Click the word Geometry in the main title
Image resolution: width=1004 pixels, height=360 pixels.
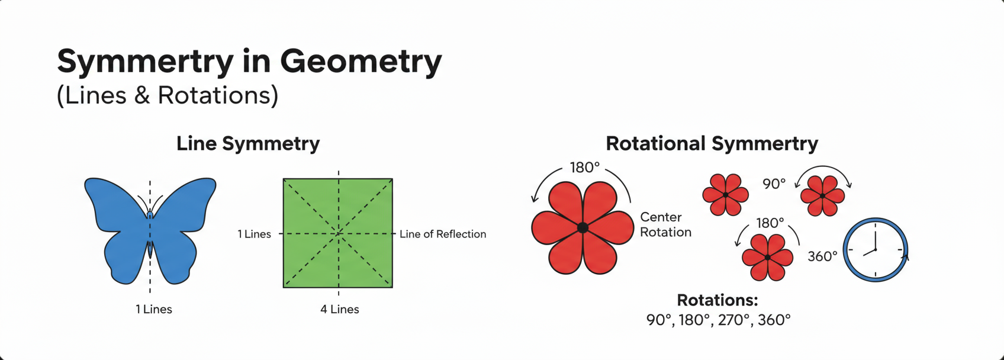pyautogui.click(x=361, y=62)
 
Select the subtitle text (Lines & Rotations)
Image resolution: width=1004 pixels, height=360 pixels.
pyautogui.click(x=167, y=95)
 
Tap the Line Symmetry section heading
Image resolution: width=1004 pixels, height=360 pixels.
pyautogui.click(x=247, y=143)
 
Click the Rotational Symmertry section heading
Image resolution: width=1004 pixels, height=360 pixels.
pyautogui.click(x=712, y=143)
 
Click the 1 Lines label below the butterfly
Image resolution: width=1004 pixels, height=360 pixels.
pyautogui.click(x=154, y=309)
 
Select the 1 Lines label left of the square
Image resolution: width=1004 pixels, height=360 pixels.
pyautogui.click(x=254, y=234)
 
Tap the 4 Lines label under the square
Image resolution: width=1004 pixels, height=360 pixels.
pyautogui.click(x=339, y=309)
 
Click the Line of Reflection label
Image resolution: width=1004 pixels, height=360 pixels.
pyautogui.click(x=443, y=234)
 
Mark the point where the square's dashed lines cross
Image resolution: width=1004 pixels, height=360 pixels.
pyautogui.click(x=338, y=233)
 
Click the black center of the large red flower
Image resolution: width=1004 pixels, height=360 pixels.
pyautogui.click(x=583, y=227)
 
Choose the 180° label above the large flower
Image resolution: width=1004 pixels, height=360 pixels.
pyautogui.click(x=584, y=168)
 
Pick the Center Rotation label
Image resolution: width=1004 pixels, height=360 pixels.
pyautogui.click(x=665, y=224)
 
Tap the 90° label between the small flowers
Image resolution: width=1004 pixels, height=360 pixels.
pyautogui.click(x=774, y=184)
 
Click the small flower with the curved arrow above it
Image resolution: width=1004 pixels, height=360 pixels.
pyautogui.click(x=822, y=195)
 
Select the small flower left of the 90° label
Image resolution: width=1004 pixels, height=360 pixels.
pyautogui.click(x=725, y=195)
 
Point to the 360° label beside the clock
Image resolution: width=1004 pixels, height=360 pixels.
pyautogui.click(x=822, y=256)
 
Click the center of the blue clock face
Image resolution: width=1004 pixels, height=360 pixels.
pyautogui.click(x=875, y=250)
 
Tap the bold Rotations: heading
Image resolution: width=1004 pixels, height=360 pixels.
pyautogui.click(x=717, y=300)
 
